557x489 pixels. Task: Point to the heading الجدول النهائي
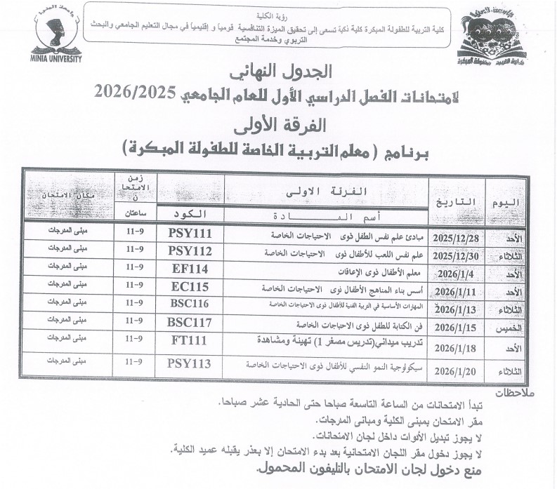click(x=279, y=73)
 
